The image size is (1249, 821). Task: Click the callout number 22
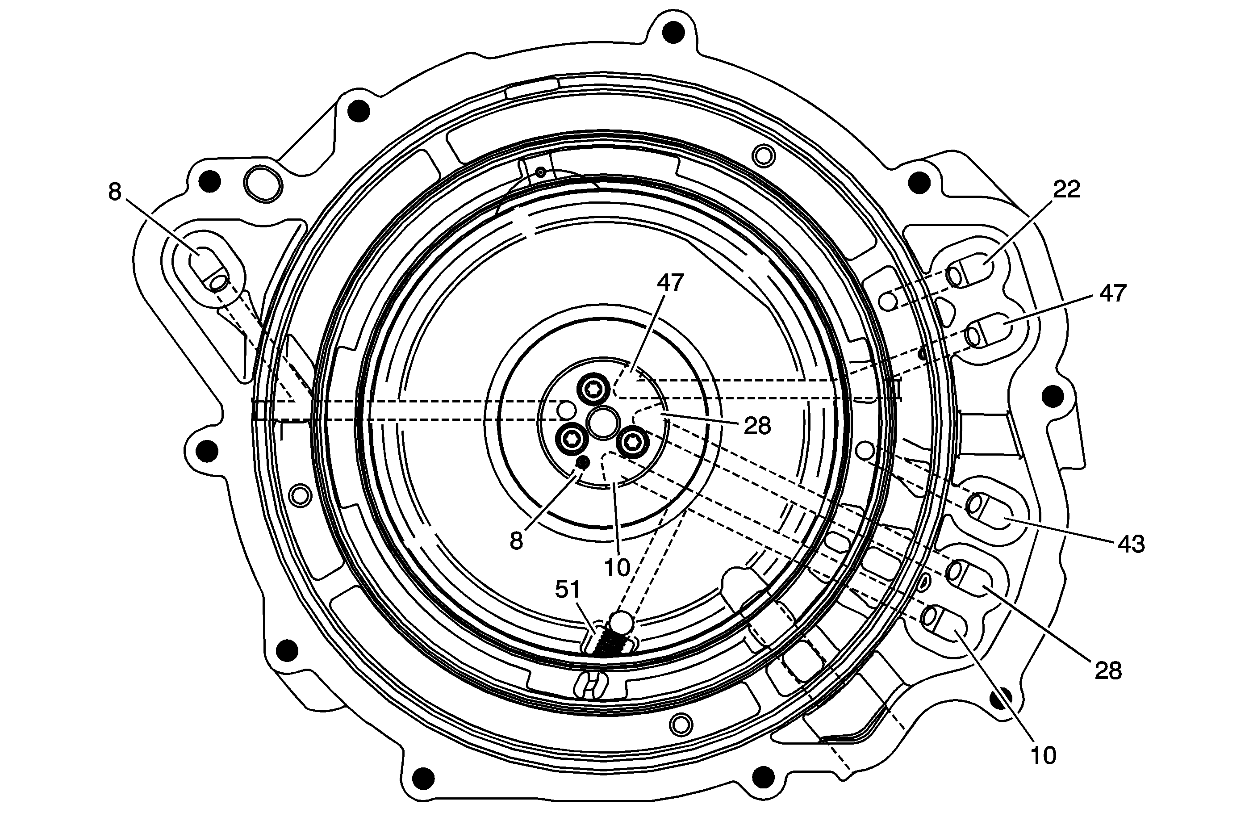click(x=1066, y=189)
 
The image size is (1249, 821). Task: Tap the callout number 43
click(x=1131, y=545)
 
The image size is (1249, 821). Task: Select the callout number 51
click(x=568, y=590)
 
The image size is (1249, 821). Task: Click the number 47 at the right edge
click(x=1112, y=293)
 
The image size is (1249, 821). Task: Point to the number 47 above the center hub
click(x=670, y=283)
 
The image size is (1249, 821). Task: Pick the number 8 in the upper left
click(x=115, y=192)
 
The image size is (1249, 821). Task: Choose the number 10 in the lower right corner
click(x=1043, y=755)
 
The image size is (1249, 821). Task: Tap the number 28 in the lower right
click(x=1108, y=670)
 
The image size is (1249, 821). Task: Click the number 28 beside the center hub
click(x=757, y=426)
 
